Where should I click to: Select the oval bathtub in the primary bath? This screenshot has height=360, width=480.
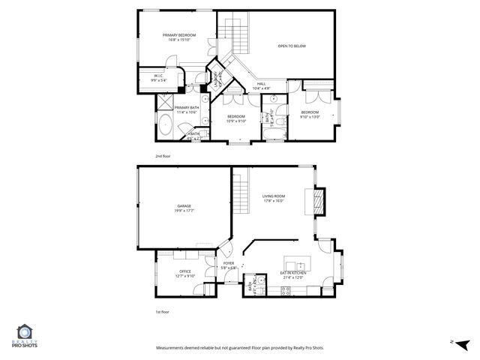164,127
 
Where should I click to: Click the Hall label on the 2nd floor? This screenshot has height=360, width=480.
261,85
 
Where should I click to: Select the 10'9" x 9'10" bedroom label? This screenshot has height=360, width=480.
236,118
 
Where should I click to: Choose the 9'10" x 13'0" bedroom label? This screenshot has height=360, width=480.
310,114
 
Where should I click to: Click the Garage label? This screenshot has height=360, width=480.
184,208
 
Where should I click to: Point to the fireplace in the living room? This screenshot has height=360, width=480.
319,201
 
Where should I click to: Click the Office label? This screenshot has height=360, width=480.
184,273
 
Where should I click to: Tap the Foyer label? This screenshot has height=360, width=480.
229,265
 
